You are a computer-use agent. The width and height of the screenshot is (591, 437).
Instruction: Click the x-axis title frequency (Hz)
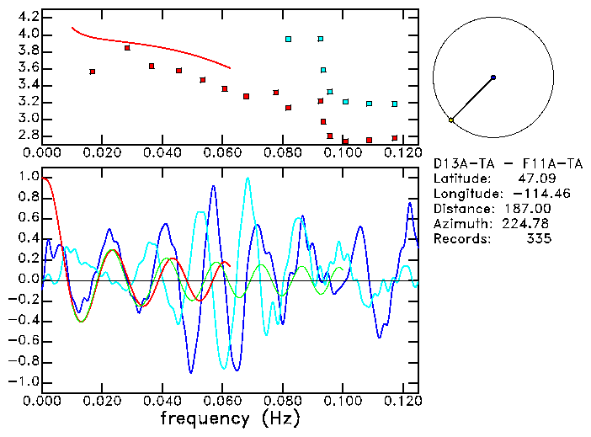pyautogui.click(x=229, y=418)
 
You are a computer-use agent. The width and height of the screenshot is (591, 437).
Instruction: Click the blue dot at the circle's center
pyautogui.click(x=493, y=77)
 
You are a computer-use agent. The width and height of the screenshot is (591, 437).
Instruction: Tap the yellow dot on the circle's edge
pyautogui.click(x=451, y=120)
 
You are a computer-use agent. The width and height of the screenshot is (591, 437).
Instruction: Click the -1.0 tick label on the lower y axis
pyautogui.click(x=24, y=381)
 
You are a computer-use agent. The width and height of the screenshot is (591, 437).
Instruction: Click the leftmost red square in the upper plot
pyautogui.click(x=92, y=72)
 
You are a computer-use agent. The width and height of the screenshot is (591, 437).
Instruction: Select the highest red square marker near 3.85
pyautogui.click(x=127, y=48)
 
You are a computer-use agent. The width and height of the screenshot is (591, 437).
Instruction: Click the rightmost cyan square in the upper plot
pyautogui.click(x=395, y=104)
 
